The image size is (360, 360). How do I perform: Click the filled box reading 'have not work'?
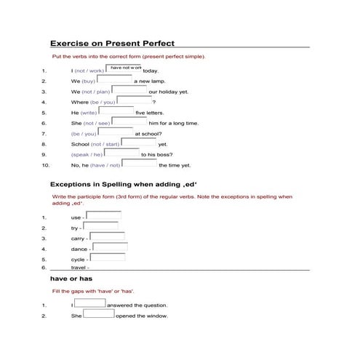point(125,68)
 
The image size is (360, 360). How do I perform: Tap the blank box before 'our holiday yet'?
point(129,90)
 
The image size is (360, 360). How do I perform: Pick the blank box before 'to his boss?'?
point(121,153)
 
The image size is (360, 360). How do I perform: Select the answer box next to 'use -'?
point(103,215)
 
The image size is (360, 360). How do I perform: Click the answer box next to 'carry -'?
point(107,236)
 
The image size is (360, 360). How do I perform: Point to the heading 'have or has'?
point(71,279)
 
